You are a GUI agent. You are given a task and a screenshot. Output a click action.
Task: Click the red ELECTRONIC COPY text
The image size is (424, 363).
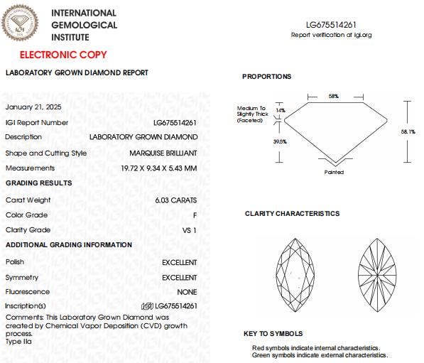(x=63, y=55)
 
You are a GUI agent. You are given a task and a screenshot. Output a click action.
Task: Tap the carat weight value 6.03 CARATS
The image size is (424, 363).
(x=176, y=200)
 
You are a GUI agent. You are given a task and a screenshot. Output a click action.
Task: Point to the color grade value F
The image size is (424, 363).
(x=194, y=215)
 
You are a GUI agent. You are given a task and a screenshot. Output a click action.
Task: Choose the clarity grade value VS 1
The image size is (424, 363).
(x=190, y=230)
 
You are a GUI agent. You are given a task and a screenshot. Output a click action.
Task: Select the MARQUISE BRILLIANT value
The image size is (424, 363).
(x=163, y=153)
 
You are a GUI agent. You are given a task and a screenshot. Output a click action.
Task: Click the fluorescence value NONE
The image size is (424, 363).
(x=187, y=292)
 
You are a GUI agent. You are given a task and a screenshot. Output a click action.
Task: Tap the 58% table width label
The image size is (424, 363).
(x=333, y=96)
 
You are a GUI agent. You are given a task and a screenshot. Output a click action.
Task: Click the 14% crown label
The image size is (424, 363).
(x=280, y=111)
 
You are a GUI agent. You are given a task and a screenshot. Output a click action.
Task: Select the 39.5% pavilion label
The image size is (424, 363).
(x=280, y=142)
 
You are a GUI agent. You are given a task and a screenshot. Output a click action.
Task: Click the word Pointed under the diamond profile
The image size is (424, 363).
(x=334, y=172)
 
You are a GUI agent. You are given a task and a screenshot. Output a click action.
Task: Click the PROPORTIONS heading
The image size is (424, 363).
(x=266, y=77)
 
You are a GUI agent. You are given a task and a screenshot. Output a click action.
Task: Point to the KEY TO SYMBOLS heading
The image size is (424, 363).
(x=273, y=334)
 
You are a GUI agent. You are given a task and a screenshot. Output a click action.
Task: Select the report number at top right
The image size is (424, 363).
(x=332, y=24)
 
